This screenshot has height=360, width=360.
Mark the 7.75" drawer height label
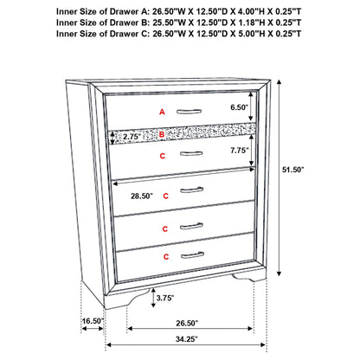point(240,149)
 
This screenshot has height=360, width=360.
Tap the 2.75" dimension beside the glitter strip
point(132,136)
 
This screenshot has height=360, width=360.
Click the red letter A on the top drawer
point(161,112)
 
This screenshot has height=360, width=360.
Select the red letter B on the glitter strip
point(161,135)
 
